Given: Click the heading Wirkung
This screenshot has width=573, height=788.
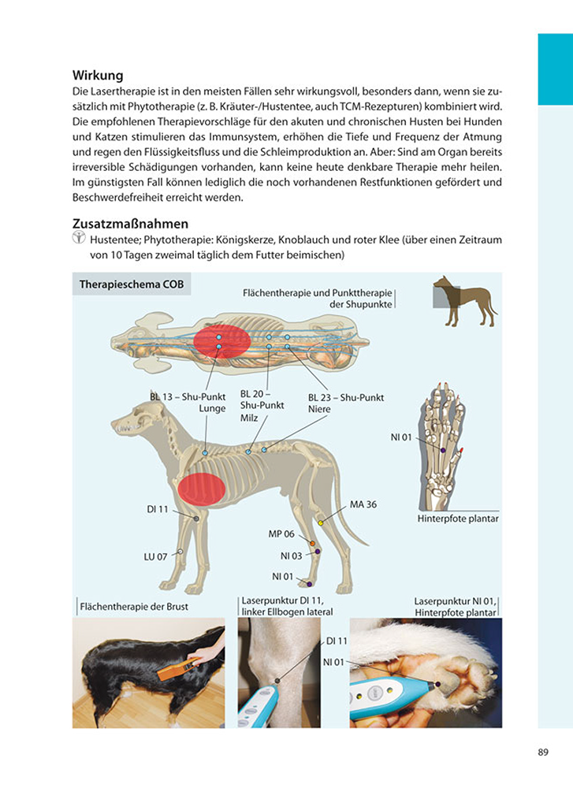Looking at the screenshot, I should tap(98, 76).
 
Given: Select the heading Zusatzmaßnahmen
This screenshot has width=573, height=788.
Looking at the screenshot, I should tap(130, 224).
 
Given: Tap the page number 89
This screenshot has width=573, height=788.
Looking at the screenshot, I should tap(543, 752).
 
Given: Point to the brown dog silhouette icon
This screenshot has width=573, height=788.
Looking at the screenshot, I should tap(464, 302).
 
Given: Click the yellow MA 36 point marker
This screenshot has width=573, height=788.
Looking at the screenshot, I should tap(321, 522).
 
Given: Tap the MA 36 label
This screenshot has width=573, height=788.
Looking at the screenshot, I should tap(363, 504).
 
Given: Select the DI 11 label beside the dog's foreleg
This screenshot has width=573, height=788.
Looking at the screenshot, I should tap(158, 509).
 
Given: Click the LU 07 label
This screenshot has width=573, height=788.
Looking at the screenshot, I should tap(155, 556).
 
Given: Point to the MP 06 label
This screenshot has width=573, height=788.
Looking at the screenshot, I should tap(281, 533).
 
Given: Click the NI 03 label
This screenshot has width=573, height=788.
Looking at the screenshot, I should tap(291, 556).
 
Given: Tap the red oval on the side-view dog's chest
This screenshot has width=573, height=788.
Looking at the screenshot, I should tap(201, 489).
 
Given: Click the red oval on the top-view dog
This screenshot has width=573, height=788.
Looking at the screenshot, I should tap(222, 340).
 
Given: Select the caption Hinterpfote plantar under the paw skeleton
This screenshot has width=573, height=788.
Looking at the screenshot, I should tap(458, 519).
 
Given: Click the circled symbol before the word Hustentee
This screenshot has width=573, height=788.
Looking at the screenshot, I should tap(78, 238).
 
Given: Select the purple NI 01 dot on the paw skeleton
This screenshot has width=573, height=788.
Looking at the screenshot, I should tap(443, 450).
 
